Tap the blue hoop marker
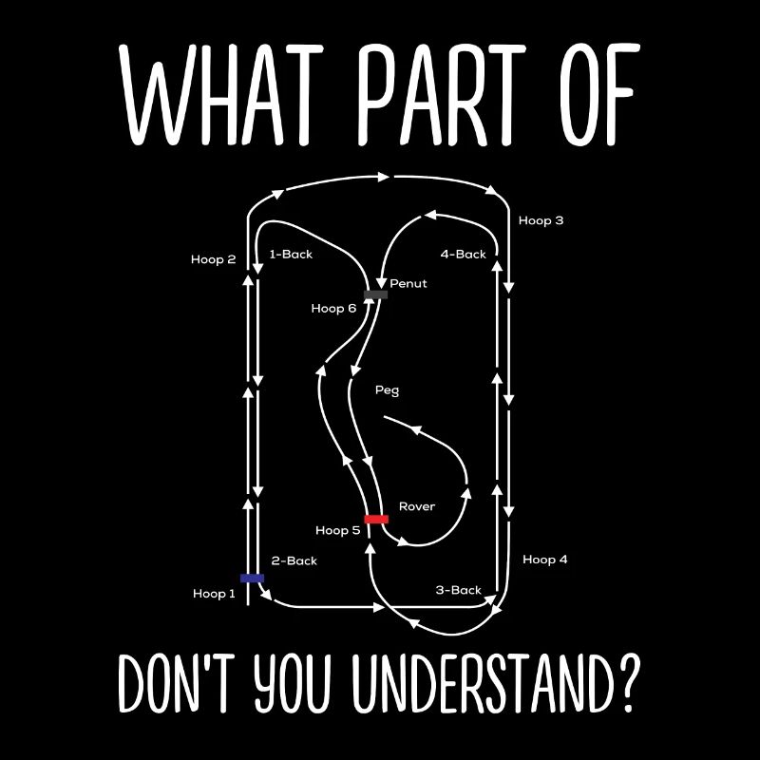click(x=252, y=578)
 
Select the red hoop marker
click(x=376, y=519)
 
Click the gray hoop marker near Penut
click(x=375, y=294)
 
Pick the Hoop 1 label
click(x=215, y=594)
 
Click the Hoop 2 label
click(x=213, y=259)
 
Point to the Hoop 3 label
click(x=541, y=220)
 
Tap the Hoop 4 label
click(x=544, y=560)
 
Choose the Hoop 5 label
click(x=337, y=530)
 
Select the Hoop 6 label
click(x=333, y=309)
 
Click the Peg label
click(x=388, y=389)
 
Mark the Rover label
click(x=416, y=506)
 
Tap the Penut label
click(x=408, y=283)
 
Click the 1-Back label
click(x=291, y=255)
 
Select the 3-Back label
click(x=459, y=590)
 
